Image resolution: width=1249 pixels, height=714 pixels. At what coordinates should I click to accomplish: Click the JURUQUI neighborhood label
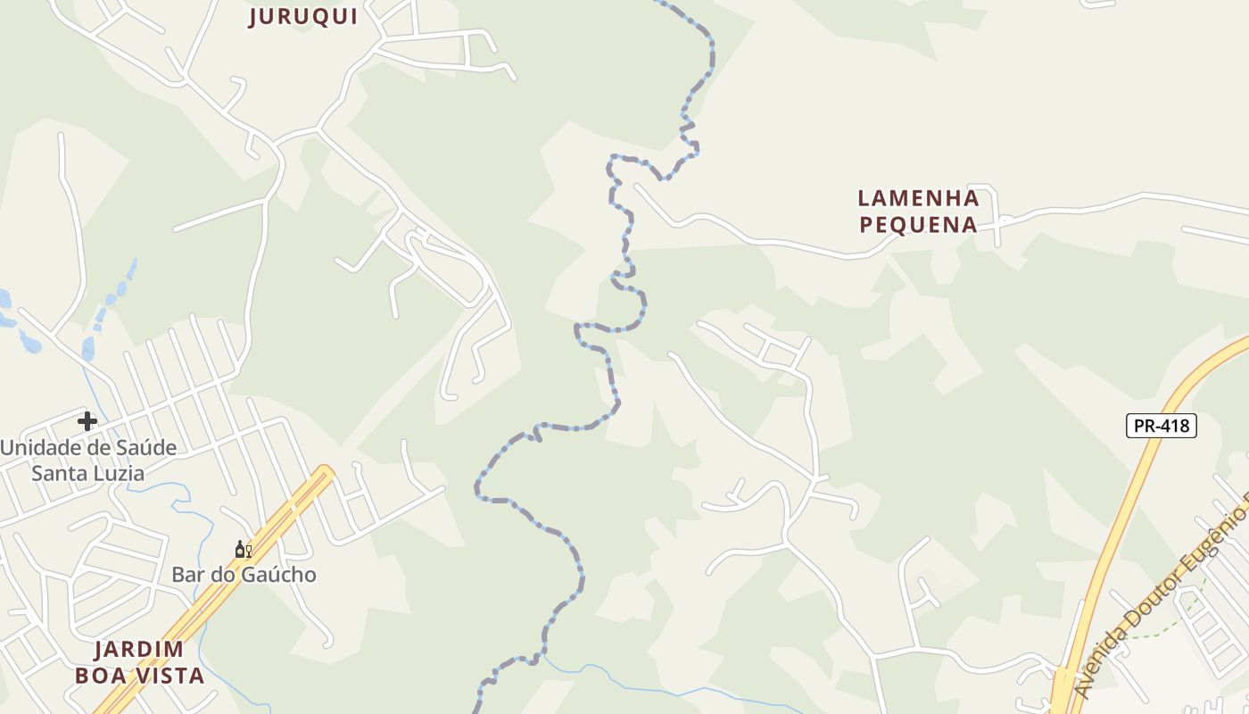click(x=303, y=16)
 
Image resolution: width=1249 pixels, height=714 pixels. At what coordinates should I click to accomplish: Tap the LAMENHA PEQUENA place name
click(x=919, y=211)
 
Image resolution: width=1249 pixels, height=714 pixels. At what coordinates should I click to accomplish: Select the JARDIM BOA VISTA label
click(x=140, y=661)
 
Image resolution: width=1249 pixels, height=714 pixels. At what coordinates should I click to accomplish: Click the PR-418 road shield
click(x=1161, y=426)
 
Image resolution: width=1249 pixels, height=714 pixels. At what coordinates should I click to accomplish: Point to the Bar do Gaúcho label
click(x=244, y=574)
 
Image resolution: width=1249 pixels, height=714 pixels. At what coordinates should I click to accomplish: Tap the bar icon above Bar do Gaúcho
click(x=243, y=550)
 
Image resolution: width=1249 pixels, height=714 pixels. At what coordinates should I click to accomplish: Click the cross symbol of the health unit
click(x=87, y=420)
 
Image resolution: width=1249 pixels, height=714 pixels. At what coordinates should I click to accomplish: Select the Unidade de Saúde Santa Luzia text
click(x=87, y=460)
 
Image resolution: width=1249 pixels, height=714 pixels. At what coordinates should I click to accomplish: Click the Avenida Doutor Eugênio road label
click(x=1160, y=607)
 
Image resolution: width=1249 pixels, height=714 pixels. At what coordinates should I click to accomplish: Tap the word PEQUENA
click(x=919, y=224)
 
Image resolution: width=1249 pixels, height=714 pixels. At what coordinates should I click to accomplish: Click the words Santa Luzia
click(x=87, y=473)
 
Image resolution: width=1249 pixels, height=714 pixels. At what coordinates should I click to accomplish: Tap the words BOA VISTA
click(x=140, y=675)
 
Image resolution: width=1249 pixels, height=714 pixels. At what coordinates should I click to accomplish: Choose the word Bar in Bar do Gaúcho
click(x=186, y=574)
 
